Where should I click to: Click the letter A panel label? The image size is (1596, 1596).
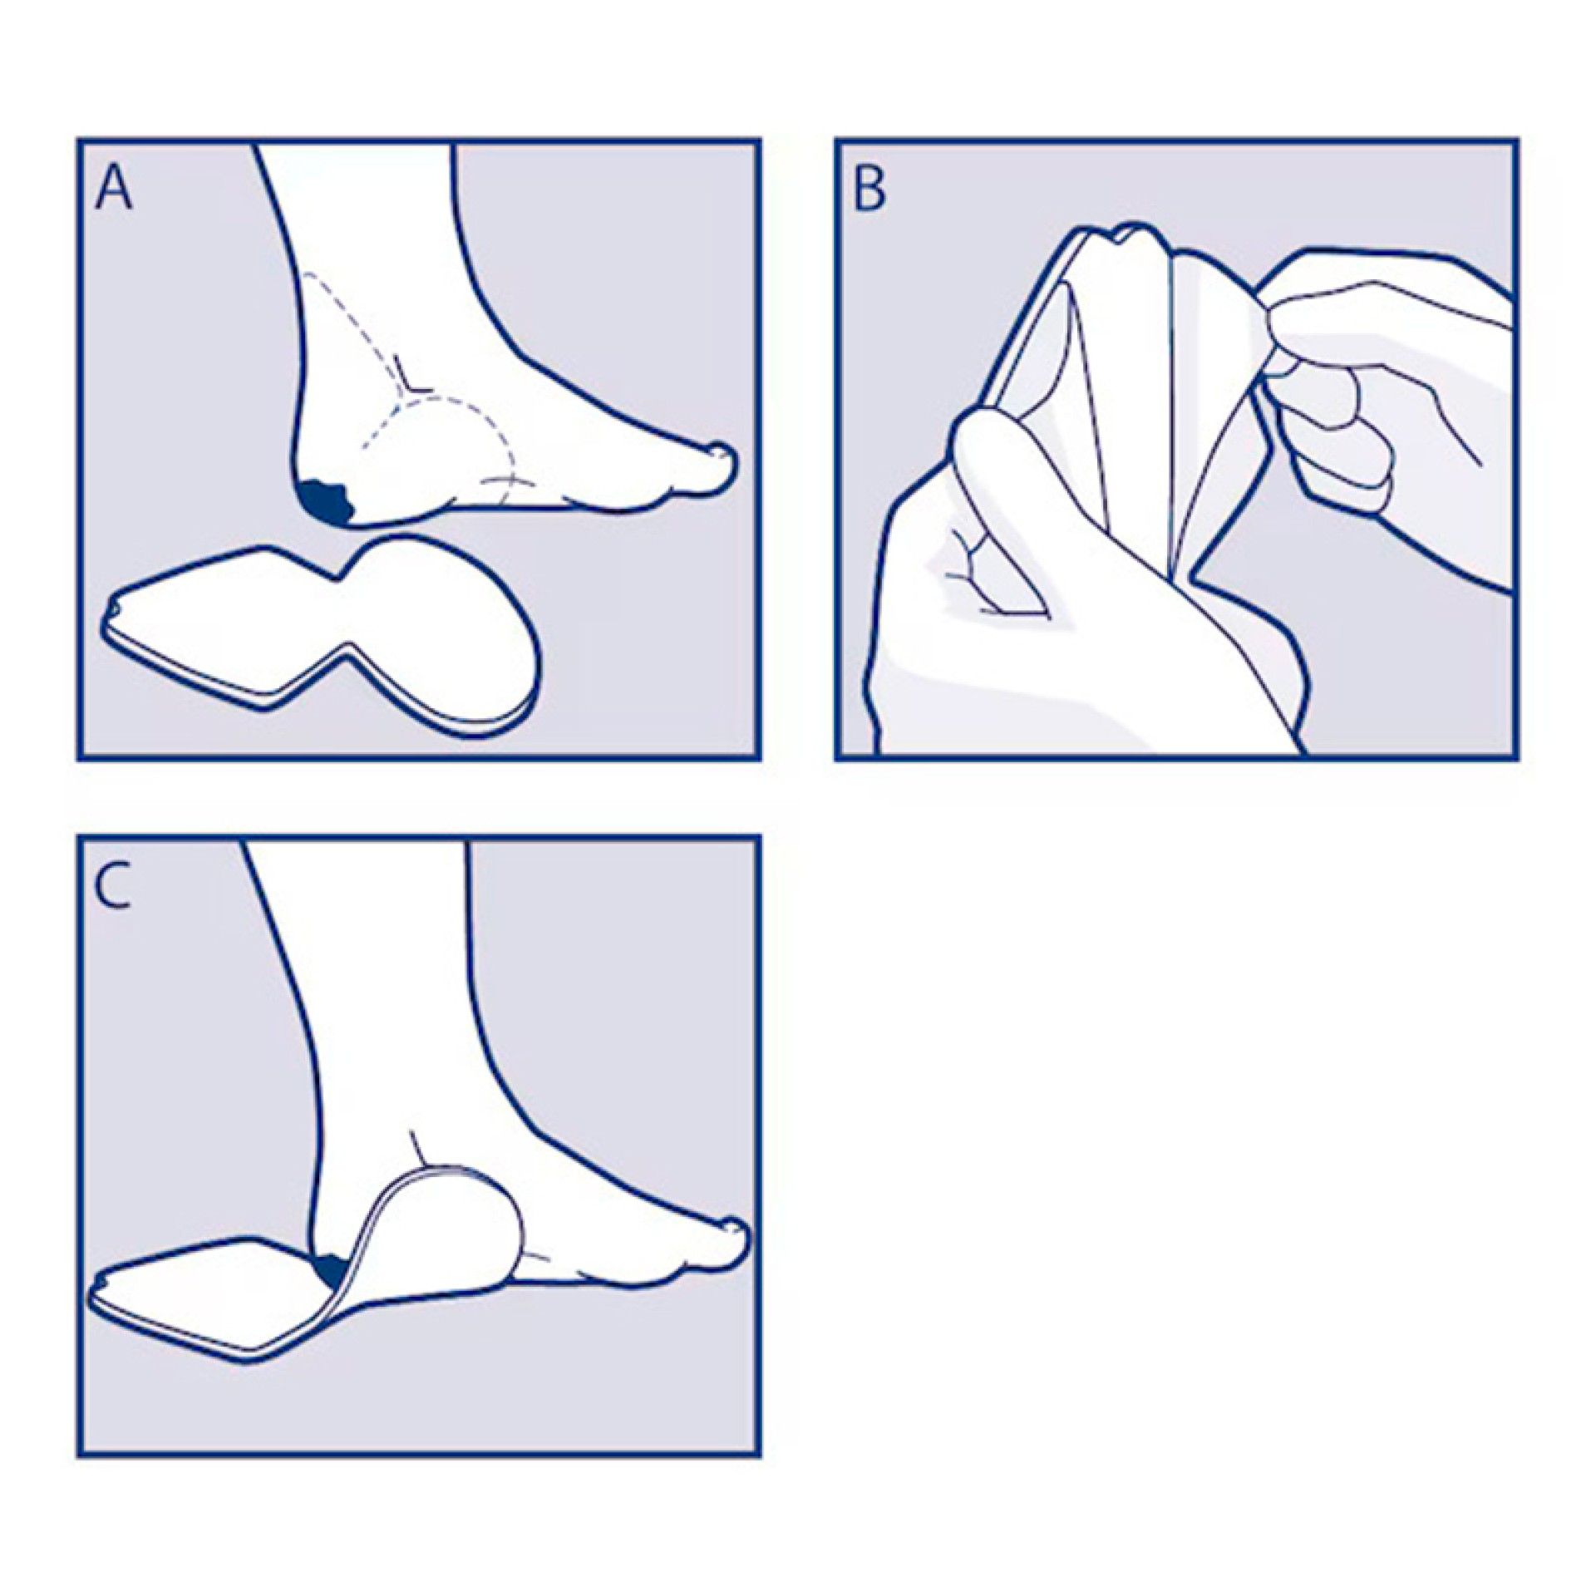tap(114, 188)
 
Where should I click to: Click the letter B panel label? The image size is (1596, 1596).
tap(869, 189)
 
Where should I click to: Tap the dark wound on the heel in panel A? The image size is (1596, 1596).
tap(327, 502)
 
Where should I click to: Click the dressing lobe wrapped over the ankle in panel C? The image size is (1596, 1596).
tap(449, 1230)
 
